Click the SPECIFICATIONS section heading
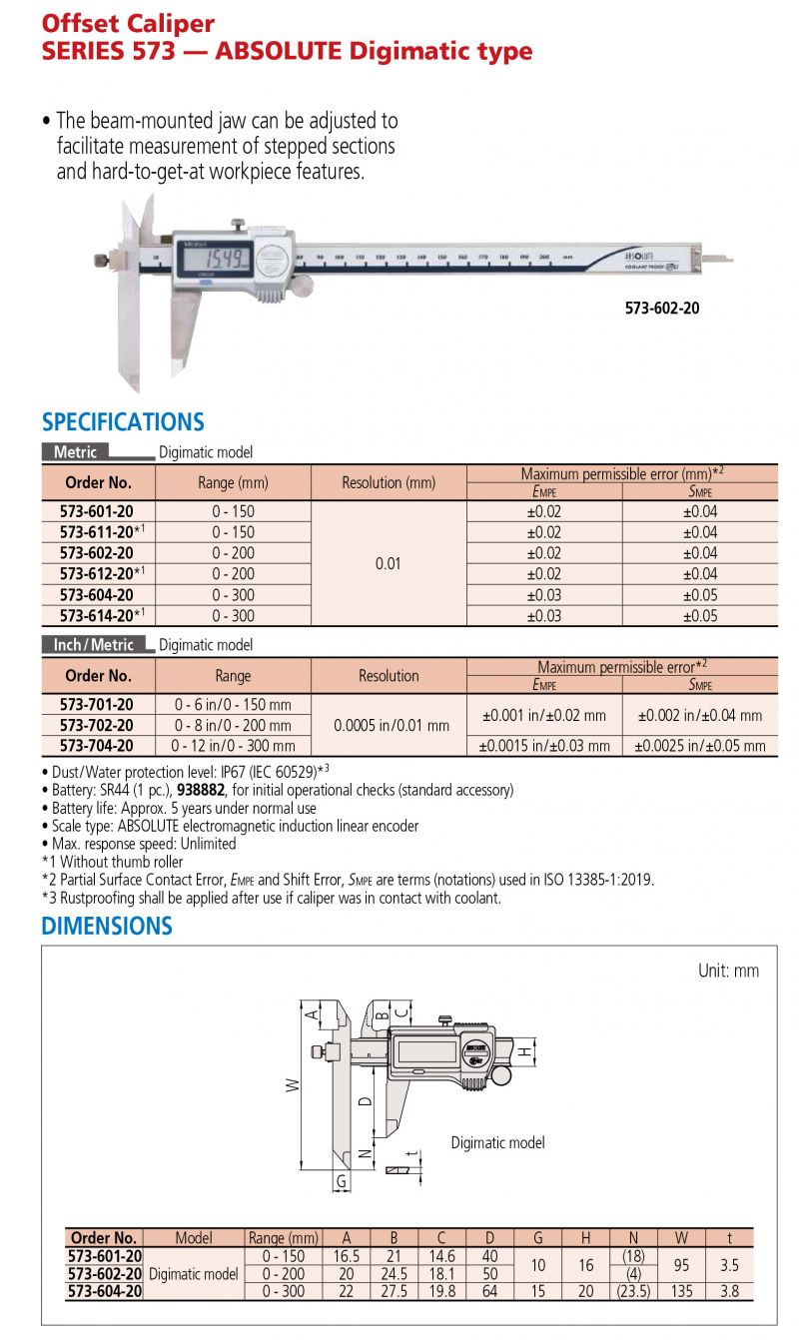click(x=123, y=421)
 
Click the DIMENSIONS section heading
click(x=107, y=926)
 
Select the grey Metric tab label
click(x=76, y=452)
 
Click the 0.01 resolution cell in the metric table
click(x=389, y=563)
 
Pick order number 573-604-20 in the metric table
click(x=96, y=595)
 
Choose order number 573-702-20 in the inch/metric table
click(x=96, y=725)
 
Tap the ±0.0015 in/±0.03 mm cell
click(x=544, y=746)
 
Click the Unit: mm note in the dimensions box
click(x=728, y=971)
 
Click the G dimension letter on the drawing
click(x=342, y=1181)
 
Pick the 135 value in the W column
click(x=680, y=1291)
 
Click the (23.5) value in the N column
click(x=633, y=1291)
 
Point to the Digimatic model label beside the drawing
click(x=497, y=1142)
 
